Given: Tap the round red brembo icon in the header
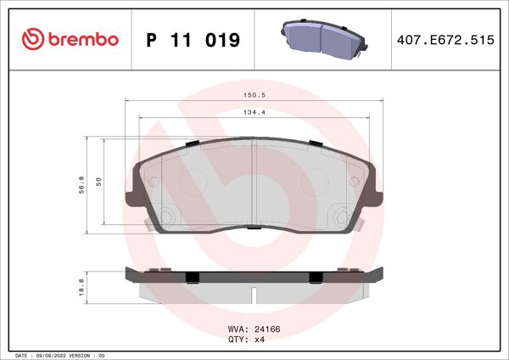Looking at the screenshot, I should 31,39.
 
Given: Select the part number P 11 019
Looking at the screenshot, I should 193,40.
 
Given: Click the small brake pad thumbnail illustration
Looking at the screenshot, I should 323,38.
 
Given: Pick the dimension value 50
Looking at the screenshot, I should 99,182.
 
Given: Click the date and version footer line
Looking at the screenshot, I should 59,355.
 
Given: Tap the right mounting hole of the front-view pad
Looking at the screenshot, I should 342,215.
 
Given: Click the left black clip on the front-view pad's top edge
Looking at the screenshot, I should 192,143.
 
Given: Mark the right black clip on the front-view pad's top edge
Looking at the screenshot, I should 316,143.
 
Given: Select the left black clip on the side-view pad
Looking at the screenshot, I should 192,276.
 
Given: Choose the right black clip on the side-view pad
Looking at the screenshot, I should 316,276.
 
